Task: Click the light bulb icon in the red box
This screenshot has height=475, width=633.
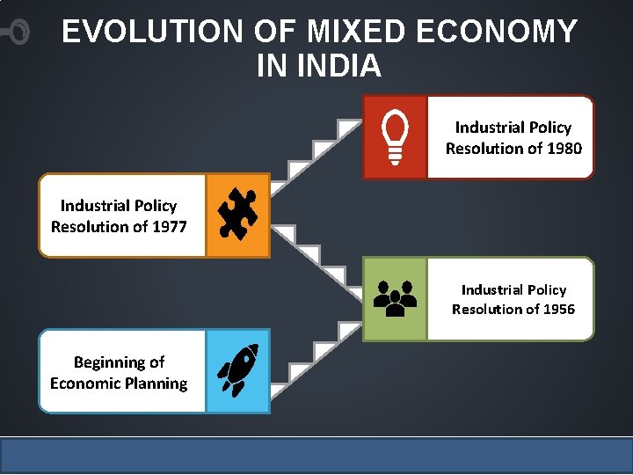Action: (395, 137)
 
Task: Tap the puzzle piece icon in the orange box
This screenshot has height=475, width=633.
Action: (237, 215)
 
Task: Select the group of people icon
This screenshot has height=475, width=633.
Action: (395, 298)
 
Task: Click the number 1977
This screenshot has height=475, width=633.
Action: (170, 227)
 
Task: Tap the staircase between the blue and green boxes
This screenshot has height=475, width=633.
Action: (313, 355)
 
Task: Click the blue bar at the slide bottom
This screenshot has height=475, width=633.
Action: (316, 455)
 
